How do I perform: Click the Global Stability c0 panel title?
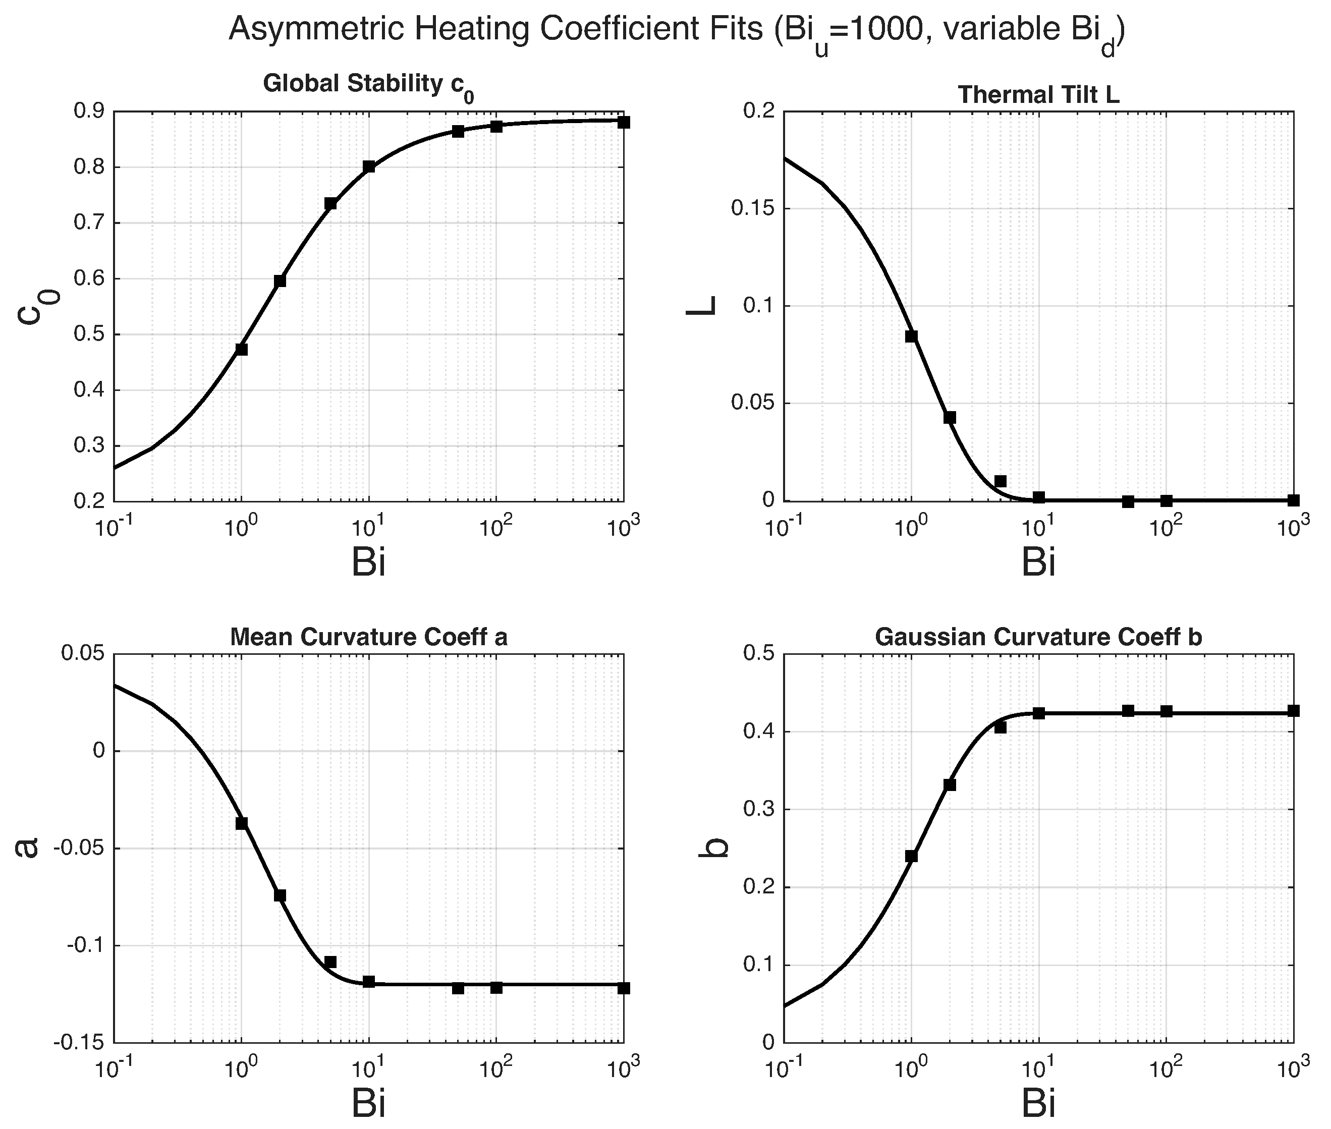tap(369, 86)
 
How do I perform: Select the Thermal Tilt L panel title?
tap(1038, 95)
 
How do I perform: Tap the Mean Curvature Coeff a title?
tap(369, 638)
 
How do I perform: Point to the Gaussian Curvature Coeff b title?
tap(1038, 638)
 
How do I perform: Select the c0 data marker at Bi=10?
tap(369, 166)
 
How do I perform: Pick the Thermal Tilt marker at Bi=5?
tap(1001, 481)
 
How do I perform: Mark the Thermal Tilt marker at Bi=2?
tap(950, 417)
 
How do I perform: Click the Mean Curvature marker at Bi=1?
tap(241, 823)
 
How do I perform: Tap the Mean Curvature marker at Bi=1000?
tap(624, 988)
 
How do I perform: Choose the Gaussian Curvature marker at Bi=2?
tap(950, 784)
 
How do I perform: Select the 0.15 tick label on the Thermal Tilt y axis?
tap(752, 209)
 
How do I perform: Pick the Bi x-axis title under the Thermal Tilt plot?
tap(1038, 562)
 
